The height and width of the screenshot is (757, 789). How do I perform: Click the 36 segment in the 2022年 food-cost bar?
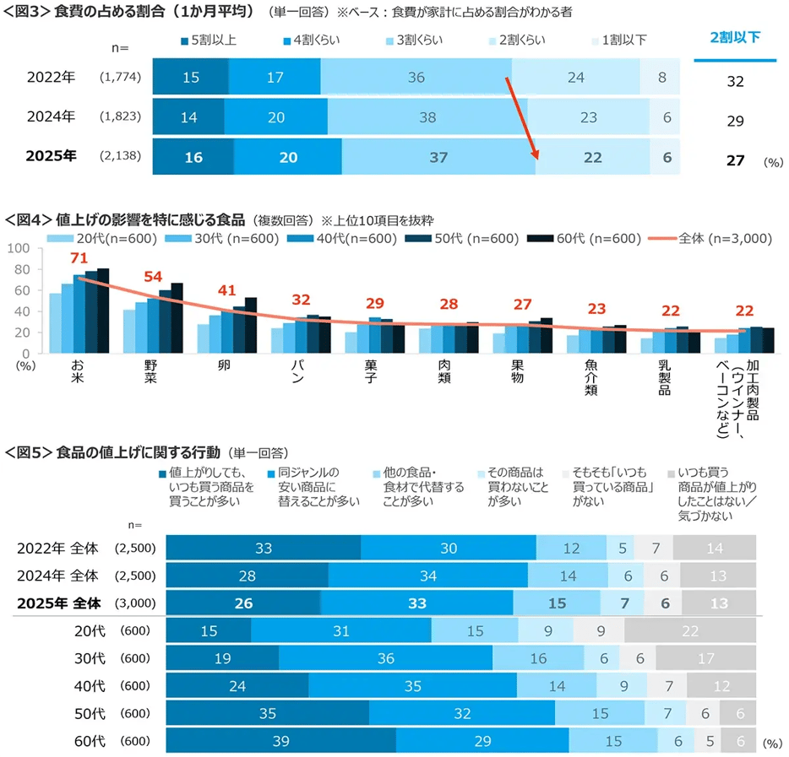coord(416,78)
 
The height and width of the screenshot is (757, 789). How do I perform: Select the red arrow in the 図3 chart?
coord(521,118)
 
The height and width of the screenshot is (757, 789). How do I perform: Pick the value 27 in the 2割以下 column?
coord(734,160)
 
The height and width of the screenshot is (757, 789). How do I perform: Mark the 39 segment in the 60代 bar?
coord(280,741)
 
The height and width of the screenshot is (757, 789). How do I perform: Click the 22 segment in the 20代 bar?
coord(690,630)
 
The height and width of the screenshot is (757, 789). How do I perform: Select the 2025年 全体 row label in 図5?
coord(58,603)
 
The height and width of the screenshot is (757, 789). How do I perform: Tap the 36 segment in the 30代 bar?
coord(385,658)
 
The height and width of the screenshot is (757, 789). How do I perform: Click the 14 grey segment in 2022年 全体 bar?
coord(714,548)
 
